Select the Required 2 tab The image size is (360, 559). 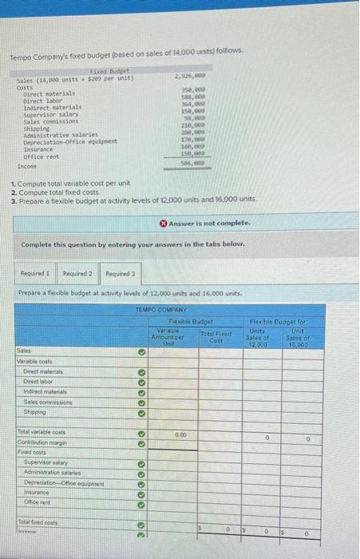(78, 273)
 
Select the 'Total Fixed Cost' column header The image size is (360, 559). (217, 337)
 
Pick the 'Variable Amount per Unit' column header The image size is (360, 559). (170, 336)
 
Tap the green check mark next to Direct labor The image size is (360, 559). (140, 382)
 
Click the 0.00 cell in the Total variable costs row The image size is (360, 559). (170, 431)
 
